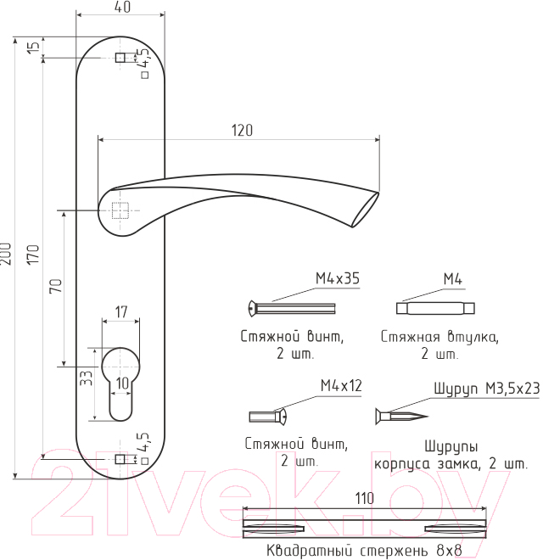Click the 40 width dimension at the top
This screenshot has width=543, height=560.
123,7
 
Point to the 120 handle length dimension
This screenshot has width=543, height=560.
242,131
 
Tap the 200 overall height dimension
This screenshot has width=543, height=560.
6,254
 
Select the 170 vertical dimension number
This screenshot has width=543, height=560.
33,255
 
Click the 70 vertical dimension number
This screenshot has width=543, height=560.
56,286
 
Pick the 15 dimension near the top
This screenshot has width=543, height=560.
33,47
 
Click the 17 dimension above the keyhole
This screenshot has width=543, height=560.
121,312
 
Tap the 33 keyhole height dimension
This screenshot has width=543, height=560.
86,378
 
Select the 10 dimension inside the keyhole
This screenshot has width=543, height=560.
122,383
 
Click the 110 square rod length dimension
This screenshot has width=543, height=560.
364,499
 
